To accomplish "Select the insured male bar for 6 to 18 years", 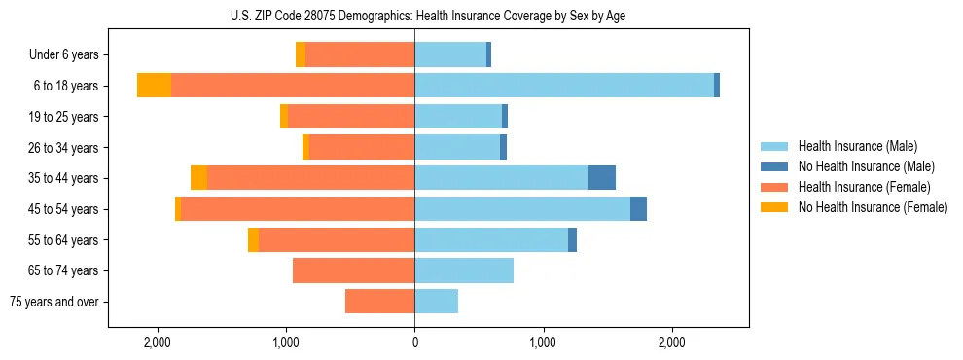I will (564, 86).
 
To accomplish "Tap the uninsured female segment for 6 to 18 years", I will (154, 86).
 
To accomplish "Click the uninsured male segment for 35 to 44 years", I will (602, 178).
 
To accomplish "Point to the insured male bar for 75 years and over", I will (437, 302).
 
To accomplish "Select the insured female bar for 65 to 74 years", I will (354, 270).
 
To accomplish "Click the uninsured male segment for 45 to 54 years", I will (638, 209).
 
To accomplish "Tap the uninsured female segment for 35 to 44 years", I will (198, 178).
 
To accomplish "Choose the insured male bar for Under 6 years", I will (450, 54).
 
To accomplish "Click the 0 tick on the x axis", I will (415, 342).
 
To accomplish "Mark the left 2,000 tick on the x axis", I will (158, 342).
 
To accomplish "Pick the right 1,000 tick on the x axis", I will (544, 342).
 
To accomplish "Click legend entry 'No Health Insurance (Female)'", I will (872, 207).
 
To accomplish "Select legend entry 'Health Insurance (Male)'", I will (858, 146).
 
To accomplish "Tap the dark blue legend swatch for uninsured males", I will (775, 166).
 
